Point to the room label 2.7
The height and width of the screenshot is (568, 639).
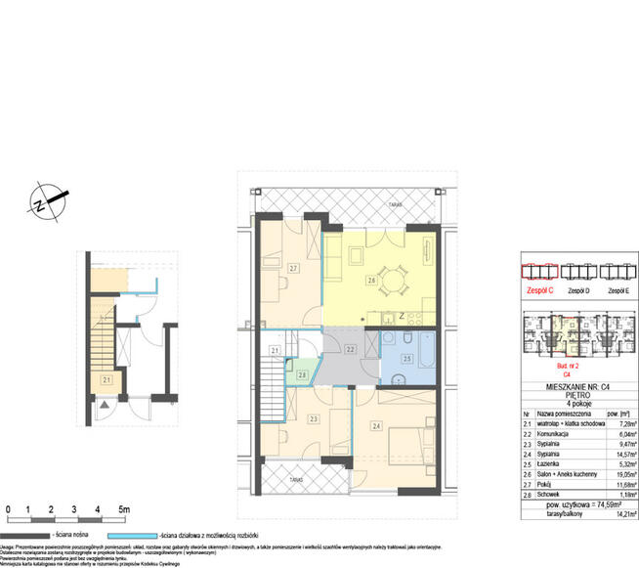(293, 266)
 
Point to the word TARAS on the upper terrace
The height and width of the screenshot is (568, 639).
(395, 205)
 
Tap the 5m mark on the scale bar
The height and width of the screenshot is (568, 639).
(124, 510)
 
